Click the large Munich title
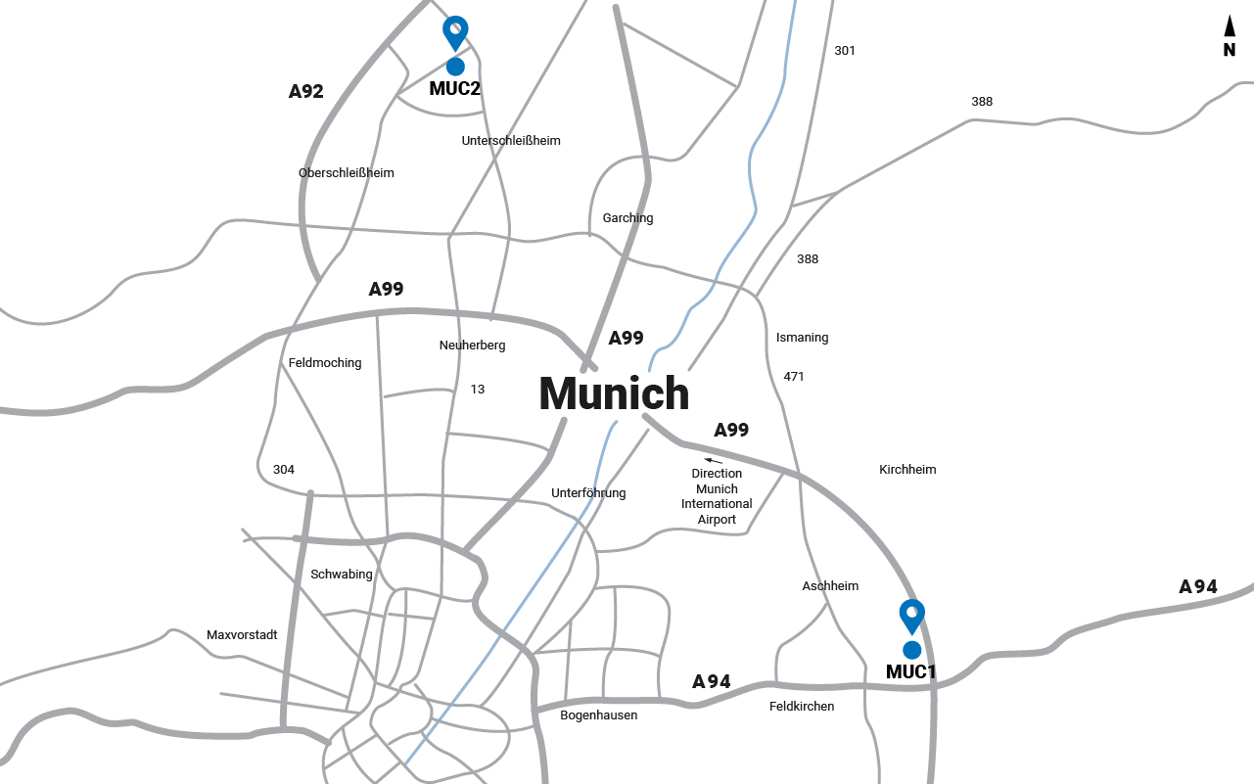tap(614, 393)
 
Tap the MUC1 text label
tap(911, 672)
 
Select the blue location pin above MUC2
tap(455, 31)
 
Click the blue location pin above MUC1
tap(912, 615)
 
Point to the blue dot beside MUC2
tap(455, 67)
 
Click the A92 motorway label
tap(306, 92)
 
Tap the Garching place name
tap(627, 218)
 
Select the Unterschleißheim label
tap(511, 141)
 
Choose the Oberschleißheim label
tap(347, 173)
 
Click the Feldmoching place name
tap(325, 363)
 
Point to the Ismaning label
tap(802, 338)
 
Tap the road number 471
tap(794, 377)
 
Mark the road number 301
tap(845, 51)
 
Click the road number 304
tap(284, 470)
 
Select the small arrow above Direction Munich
tap(714, 459)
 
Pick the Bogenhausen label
tap(598, 715)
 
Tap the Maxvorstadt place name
tap(242, 635)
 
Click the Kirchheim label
tap(907, 470)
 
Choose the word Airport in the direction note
tap(717, 520)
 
